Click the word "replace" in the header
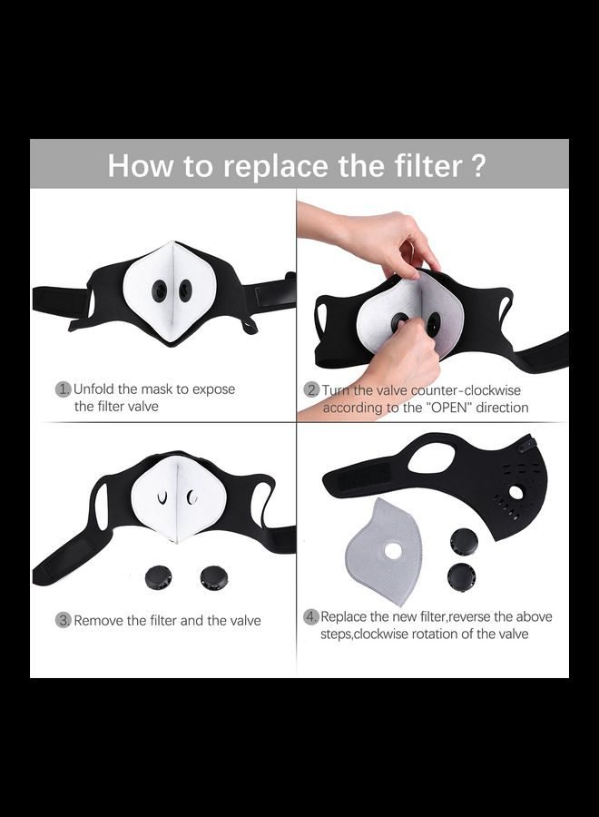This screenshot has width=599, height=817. [x=276, y=166]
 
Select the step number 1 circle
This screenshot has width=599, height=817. [x=63, y=389]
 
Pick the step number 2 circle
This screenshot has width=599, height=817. [x=311, y=390]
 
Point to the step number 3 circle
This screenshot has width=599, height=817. [x=63, y=621]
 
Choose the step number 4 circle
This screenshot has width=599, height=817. [x=311, y=617]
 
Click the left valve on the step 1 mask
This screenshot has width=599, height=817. [x=160, y=290]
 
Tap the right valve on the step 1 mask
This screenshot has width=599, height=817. [x=184, y=290]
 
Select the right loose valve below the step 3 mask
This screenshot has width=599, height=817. [x=214, y=577]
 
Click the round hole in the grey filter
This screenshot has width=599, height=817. [x=393, y=551]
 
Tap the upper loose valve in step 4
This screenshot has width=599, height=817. [x=464, y=541]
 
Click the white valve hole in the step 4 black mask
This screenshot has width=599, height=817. [x=516, y=491]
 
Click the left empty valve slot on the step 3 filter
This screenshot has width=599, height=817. [x=162, y=497]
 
